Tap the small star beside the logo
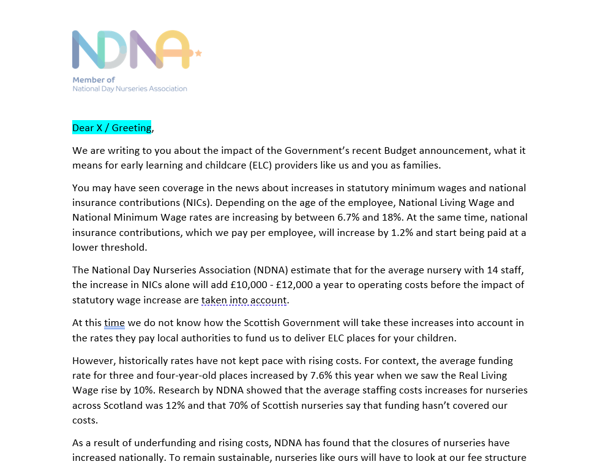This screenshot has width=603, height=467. pos(198,54)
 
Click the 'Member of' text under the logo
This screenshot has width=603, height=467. pos(94,80)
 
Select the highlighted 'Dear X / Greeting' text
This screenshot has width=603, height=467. pos(111,127)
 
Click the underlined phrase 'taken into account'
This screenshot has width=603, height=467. pos(244,300)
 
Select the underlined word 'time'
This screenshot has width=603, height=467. pos(114,322)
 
